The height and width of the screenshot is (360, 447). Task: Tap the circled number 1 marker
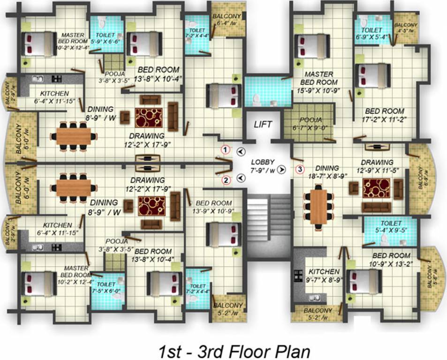(x=226, y=150)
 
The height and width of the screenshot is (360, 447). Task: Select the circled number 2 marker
(x=226, y=180)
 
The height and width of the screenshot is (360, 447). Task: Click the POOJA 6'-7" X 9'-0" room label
(x=310, y=124)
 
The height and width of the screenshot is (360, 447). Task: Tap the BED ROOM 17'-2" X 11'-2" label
(x=385, y=115)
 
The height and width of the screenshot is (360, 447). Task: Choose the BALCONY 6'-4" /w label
(x=227, y=20)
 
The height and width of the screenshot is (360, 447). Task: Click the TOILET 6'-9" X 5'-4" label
(x=373, y=32)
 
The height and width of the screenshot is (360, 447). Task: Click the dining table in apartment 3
(x=318, y=205)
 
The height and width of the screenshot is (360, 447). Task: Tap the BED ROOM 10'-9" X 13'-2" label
(x=392, y=260)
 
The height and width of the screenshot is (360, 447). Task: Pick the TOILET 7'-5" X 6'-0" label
(x=107, y=287)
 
